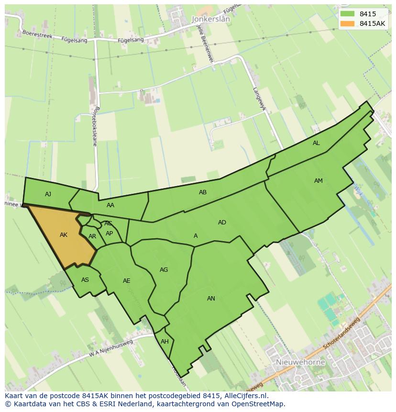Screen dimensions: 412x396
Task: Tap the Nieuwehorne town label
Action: [300, 362]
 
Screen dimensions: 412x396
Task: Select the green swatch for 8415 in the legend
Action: [348, 14]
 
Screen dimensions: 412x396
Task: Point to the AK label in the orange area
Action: [64, 235]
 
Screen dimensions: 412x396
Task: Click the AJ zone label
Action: [48, 194]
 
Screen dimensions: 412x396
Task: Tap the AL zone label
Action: [316, 143]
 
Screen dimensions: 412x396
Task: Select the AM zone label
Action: [319, 181]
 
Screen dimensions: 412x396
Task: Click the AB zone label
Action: [203, 192]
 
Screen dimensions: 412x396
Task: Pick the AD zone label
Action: [222, 223]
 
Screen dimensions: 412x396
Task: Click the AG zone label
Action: [164, 270]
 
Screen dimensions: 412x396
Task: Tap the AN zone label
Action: [211, 299]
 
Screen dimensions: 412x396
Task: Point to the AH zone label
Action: [165, 342]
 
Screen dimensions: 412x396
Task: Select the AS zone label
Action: [85, 280]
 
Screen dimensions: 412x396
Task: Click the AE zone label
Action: [126, 281]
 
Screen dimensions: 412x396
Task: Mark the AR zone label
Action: [92, 236]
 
